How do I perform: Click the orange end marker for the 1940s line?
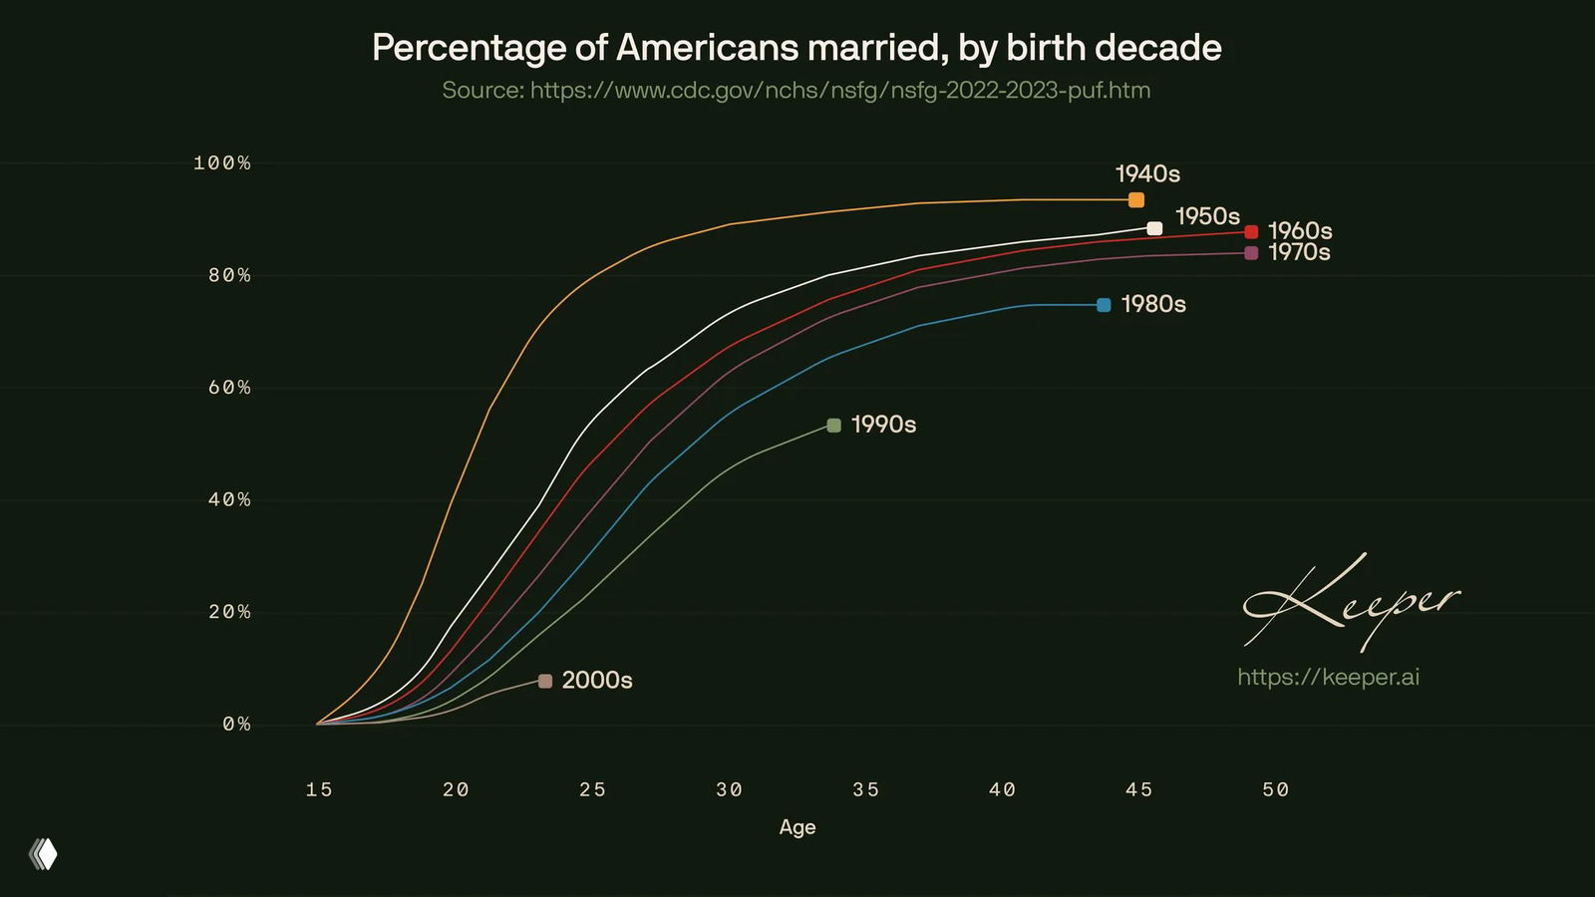pos(1136,200)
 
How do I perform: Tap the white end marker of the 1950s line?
pos(1154,228)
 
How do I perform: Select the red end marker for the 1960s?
pos(1251,232)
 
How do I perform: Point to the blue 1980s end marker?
pos(1104,305)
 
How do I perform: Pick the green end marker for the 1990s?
pos(834,426)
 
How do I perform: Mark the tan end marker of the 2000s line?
pos(545,681)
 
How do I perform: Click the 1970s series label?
pos(1299,253)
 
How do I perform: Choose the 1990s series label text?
pos(883,425)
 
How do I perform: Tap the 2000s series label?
pos(597,680)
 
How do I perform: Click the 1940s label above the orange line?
pos(1147,174)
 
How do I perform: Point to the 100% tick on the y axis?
pos(222,162)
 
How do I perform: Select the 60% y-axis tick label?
pos(229,388)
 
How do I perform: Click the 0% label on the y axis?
pos(236,725)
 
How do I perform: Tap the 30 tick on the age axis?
pos(730,789)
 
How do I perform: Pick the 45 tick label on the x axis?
pos(1139,789)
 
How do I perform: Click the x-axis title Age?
pos(797,827)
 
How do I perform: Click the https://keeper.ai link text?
pos(1328,678)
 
